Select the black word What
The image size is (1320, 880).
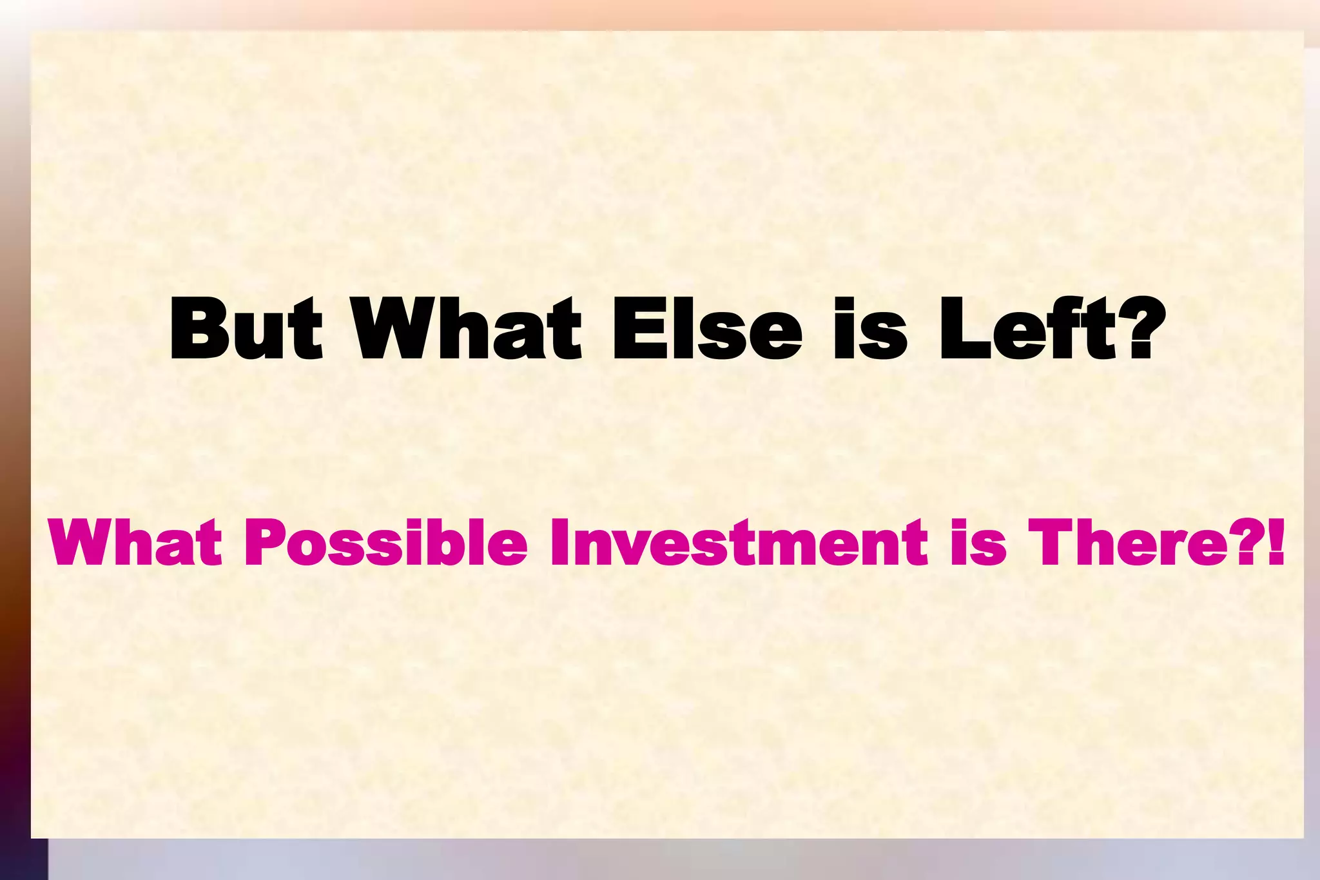(x=467, y=328)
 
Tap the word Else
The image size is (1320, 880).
(x=708, y=328)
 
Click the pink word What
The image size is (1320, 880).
(x=135, y=543)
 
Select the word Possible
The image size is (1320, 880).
(x=385, y=543)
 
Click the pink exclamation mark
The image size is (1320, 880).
(x=1277, y=543)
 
